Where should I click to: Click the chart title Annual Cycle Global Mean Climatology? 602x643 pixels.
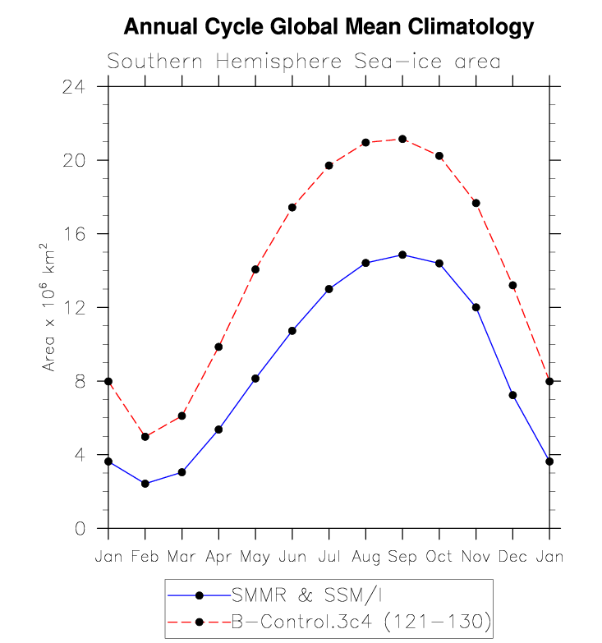pos(328,27)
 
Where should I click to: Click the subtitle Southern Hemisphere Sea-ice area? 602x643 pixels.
pos(304,62)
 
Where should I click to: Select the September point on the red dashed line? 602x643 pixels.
pos(402,139)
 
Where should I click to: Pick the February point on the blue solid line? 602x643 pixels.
pos(145,484)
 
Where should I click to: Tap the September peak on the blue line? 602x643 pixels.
pos(402,255)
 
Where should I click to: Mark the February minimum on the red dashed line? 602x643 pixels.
pos(145,436)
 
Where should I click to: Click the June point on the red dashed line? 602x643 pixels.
pos(292,207)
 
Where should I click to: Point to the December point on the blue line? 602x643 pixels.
pos(512,395)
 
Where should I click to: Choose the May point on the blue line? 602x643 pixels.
pos(255,379)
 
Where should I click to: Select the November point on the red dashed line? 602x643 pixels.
pos(476,203)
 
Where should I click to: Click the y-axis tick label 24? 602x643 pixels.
pos(85,86)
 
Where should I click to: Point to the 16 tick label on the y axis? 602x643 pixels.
pos(85,234)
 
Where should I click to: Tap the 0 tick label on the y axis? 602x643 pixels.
pos(90,529)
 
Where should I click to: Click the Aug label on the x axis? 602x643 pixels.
pos(365,557)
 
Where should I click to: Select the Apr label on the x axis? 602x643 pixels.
pos(218,557)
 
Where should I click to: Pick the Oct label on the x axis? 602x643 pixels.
pos(439,557)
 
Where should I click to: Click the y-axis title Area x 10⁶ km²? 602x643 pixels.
pos(49,307)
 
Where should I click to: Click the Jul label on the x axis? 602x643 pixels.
pos(329,557)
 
